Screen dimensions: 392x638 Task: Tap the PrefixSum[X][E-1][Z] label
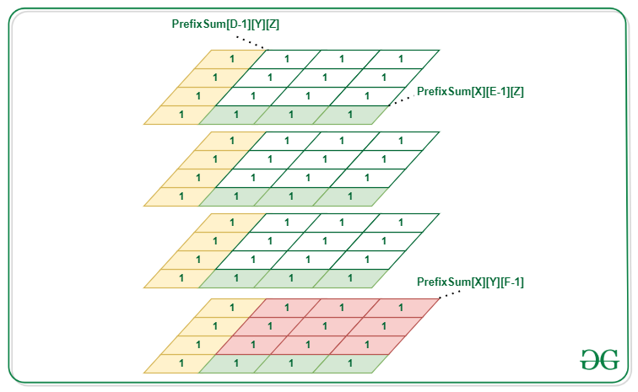(x=471, y=91)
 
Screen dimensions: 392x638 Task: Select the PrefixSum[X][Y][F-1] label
(x=471, y=282)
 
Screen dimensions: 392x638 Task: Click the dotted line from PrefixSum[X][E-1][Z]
(x=404, y=98)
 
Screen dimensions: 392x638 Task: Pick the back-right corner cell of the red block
(x=400, y=308)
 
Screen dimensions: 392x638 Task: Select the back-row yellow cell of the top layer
(x=232, y=58)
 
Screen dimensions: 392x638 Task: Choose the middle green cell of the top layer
(x=291, y=114)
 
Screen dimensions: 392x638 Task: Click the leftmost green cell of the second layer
(x=235, y=196)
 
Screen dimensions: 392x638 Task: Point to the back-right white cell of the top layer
(x=400, y=58)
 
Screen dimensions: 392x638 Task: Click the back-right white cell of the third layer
(x=400, y=223)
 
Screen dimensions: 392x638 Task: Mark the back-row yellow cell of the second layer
(x=232, y=141)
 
